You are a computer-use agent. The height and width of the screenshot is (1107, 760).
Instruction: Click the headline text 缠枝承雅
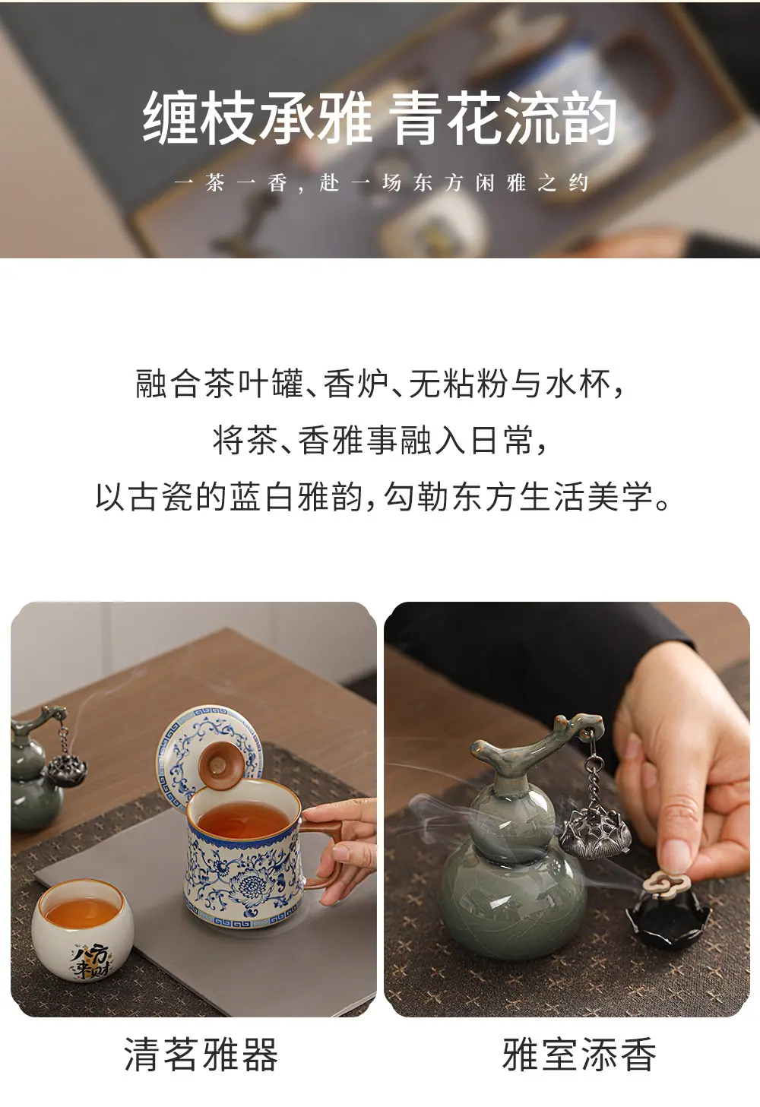pyautogui.click(x=257, y=118)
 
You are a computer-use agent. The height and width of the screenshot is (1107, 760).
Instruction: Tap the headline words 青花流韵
pyautogui.click(x=502, y=118)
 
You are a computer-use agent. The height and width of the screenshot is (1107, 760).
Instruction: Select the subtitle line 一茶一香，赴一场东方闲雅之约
pyautogui.click(x=381, y=183)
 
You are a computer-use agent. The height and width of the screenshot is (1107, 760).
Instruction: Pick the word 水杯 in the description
pyautogui.click(x=578, y=384)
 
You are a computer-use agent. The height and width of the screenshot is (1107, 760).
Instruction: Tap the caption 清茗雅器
pyautogui.click(x=201, y=1054)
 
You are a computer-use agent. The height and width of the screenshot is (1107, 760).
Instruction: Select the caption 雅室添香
pyautogui.click(x=579, y=1054)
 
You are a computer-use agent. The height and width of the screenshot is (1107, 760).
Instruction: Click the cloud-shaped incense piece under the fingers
pyautogui.click(x=663, y=885)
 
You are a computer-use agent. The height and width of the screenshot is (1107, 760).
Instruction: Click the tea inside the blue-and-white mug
pyautogui.click(x=244, y=824)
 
